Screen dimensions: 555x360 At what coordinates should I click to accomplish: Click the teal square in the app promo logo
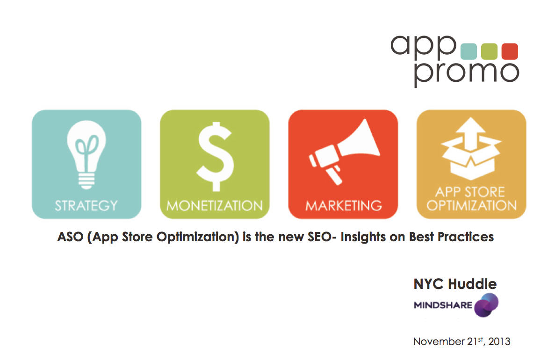(x=469, y=51)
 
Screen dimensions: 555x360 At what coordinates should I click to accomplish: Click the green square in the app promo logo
(x=489, y=51)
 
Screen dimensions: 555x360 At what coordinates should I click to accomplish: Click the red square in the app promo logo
(x=510, y=51)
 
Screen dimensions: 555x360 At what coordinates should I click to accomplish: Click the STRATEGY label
(x=86, y=206)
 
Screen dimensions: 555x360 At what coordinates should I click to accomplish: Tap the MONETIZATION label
(x=215, y=206)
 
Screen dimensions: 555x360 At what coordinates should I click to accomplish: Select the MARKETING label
(x=344, y=206)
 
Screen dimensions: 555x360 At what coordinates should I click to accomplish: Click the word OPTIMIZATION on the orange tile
(x=471, y=206)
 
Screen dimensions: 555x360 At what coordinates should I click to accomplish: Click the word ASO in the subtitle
(x=70, y=237)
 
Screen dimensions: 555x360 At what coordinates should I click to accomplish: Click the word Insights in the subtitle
(x=363, y=237)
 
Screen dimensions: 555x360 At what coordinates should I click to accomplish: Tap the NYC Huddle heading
(x=455, y=284)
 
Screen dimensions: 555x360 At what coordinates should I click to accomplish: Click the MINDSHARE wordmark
(x=443, y=305)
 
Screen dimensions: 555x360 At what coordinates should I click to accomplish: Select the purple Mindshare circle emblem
(x=486, y=305)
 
